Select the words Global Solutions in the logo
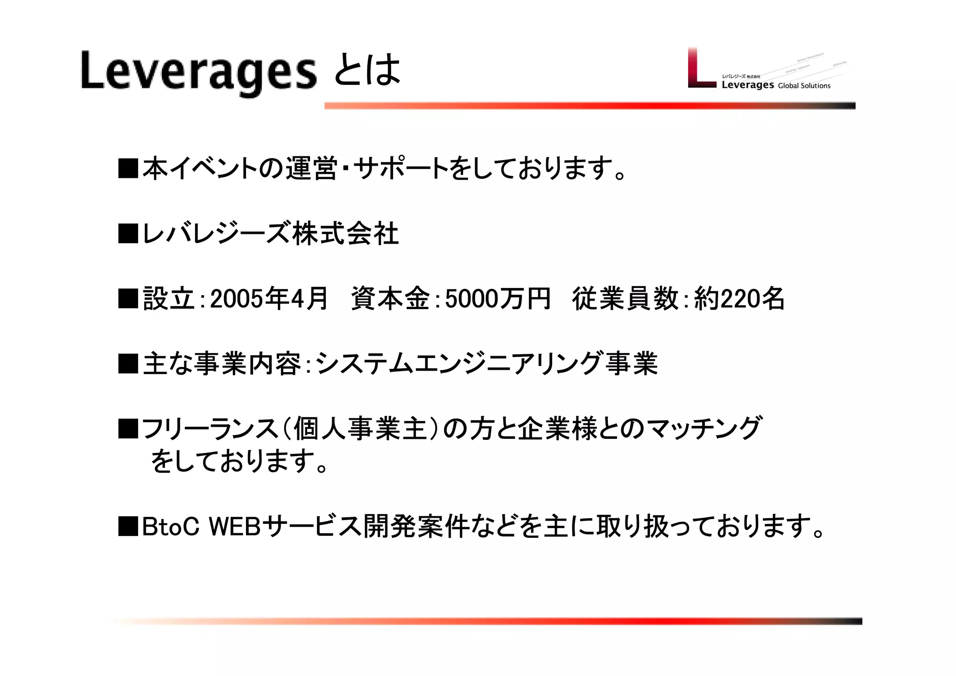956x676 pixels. [x=804, y=86]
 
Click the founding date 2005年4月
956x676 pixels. [x=269, y=299]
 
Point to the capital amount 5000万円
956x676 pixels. [x=498, y=299]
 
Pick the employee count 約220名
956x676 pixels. [x=739, y=299]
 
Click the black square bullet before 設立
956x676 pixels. [x=128, y=299]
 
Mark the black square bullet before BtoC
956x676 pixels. [x=128, y=527]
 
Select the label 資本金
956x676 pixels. [x=390, y=299]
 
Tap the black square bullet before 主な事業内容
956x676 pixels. [x=128, y=364]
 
